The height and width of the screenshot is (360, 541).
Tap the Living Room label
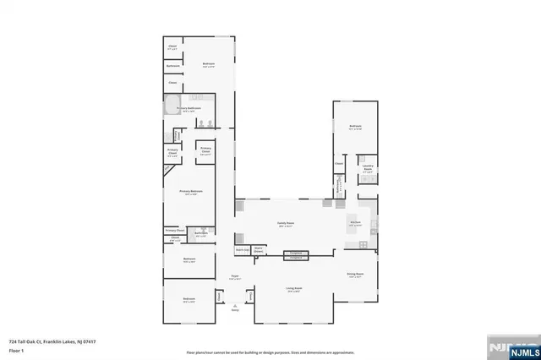[295, 288]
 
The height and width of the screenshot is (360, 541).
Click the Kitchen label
[355, 224]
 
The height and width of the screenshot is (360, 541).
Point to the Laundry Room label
[369, 168]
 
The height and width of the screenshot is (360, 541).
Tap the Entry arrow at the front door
[235, 307]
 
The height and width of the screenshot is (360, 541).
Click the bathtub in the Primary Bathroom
[172, 110]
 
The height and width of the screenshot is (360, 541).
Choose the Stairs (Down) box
[259, 250]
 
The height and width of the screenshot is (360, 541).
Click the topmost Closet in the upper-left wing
[172, 46]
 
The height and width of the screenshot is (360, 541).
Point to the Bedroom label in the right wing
[355, 128]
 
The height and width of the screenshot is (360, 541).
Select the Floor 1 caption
[15, 350]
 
